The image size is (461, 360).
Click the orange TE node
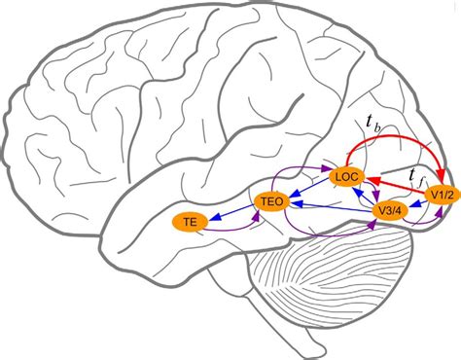pos(191,222)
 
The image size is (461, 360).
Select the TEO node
pos(270,201)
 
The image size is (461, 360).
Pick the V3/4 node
pos(388,210)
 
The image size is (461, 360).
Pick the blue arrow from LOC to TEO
pos(308,189)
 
